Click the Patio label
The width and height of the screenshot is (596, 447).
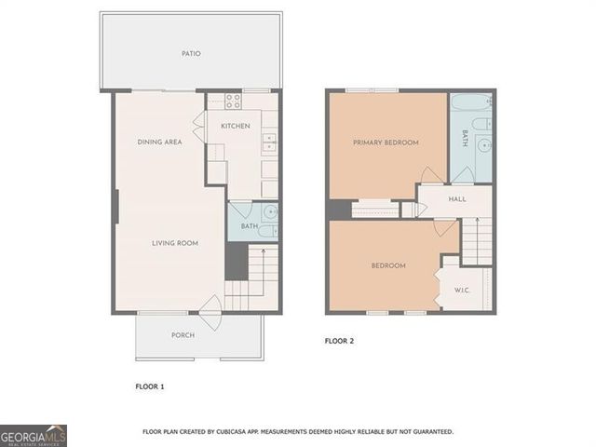pyautogui.click(x=191, y=53)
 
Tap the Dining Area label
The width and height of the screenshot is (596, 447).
pyautogui.click(x=159, y=142)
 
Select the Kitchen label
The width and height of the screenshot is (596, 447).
pyautogui.click(x=235, y=126)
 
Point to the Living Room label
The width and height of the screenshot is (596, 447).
pyautogui.click(x=176, y=243)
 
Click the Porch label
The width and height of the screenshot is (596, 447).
pyautogui.click(x=183, y=335)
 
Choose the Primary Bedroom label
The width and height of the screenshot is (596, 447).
pyautogui.click(x=385, y=142)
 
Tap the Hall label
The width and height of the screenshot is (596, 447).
pyautogui.click(x=456, y=198)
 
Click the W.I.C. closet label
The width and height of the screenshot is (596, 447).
pyautogui.click(x=462, y=290)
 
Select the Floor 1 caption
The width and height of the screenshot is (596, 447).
pyautogui.click(x=150, y=386)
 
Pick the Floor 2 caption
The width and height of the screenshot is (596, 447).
pyautogui.click(x=339, y=341)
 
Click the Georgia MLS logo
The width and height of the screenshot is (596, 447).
pyautogui.click(x=34, y=435)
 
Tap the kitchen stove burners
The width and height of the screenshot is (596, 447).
pyautogui.click(x=234, y=102)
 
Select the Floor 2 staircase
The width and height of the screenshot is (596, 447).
pyautogui.click(x=477, y=239)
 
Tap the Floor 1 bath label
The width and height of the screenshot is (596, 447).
pyautogui.click(x=250, y=226)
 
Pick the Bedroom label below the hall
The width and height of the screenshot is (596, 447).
pyautogui.click(x=388, y=266)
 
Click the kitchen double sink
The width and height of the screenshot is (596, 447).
pyautogui.click(x=269, y=142)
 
